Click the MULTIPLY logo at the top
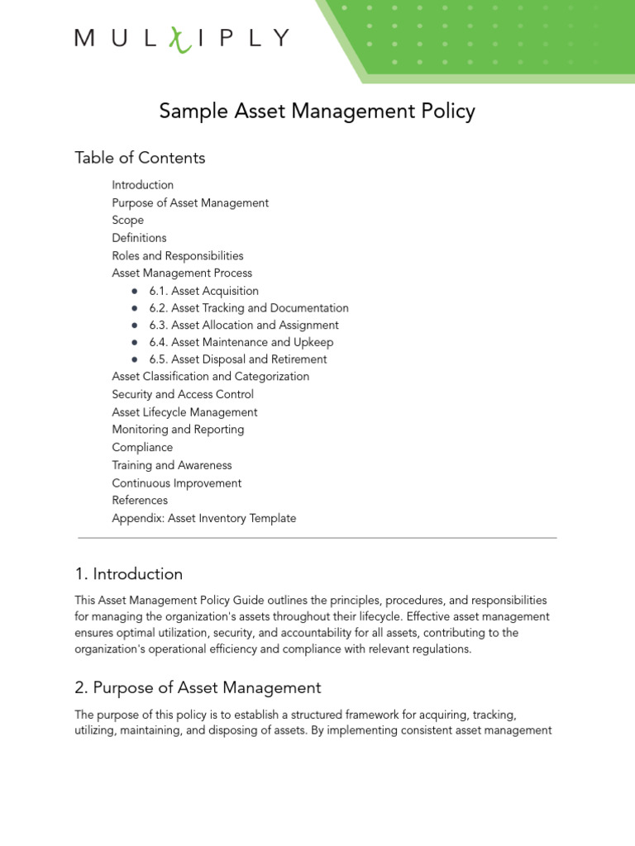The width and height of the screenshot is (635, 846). pos(182,39)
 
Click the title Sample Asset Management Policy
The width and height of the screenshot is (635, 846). pos(317,111)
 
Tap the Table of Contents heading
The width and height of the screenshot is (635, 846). pos(140,157)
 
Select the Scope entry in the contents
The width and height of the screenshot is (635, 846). pos(128,221)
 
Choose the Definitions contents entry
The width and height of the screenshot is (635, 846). pos(139,238)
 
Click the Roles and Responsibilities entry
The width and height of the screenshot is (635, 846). pos(178,255)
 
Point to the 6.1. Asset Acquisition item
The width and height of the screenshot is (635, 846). pos(204,291)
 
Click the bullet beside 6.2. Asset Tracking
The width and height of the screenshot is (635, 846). pos(135,308)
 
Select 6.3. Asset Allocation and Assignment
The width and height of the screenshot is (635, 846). pos(244,326)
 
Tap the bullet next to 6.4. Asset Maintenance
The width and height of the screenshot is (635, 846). pos(135,342)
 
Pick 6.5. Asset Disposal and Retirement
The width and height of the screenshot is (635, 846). pos(238,359)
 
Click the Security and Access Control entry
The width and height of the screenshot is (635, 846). pos(183,394)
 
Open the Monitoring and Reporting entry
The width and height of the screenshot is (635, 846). pos(178,430)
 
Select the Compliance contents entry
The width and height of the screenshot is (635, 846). pos(142,447)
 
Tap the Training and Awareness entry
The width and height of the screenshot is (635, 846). pos(172,465)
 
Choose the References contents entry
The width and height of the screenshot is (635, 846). pos(140,500)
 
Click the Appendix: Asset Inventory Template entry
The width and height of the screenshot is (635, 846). pos(204,518)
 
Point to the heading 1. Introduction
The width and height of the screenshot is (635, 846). pos(128,573)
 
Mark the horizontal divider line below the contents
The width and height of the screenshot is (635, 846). pos(317,538)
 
